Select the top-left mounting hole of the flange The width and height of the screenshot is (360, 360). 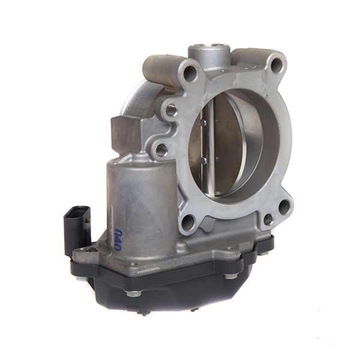click(190, 74)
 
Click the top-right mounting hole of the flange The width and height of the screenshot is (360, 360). click(277, 65)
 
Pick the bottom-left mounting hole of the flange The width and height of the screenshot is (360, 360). click(188, 223)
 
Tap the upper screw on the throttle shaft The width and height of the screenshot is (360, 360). click(203, 123)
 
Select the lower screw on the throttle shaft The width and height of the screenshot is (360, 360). click(204, 160)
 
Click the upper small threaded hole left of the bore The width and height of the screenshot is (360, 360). click(171, 110)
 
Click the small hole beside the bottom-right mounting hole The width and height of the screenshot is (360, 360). click(268, 219)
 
